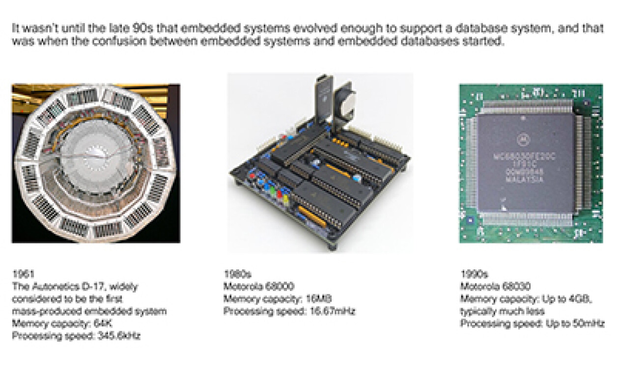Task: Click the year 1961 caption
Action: (x=23, y=274)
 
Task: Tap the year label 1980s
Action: (x=237, y=274)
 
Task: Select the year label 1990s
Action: (x=475, y=274)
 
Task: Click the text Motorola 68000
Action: (x=259, y=286)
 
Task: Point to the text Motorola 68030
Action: (x=496, y=286)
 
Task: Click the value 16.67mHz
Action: (x=333, y=311)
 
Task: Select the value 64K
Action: (x=103, y=323)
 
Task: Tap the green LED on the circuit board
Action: (x=273, y=191)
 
